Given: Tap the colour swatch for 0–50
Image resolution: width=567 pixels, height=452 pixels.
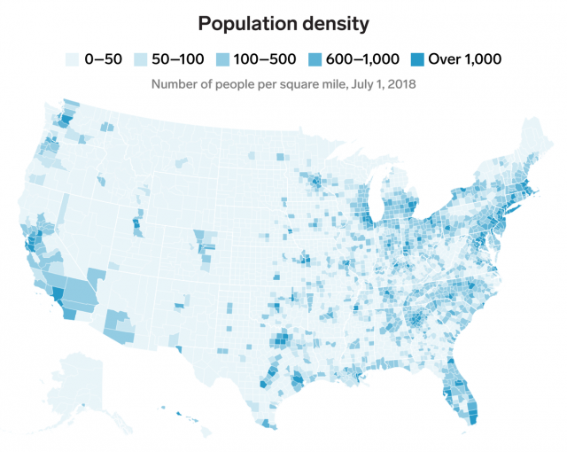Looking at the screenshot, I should coord(74,59).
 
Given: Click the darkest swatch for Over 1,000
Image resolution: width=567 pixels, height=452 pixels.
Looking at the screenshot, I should coord(416,59).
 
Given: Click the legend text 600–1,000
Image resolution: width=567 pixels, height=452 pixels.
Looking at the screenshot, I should coord(364,59).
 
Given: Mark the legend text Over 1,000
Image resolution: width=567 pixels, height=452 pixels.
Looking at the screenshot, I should coord(464,59).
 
